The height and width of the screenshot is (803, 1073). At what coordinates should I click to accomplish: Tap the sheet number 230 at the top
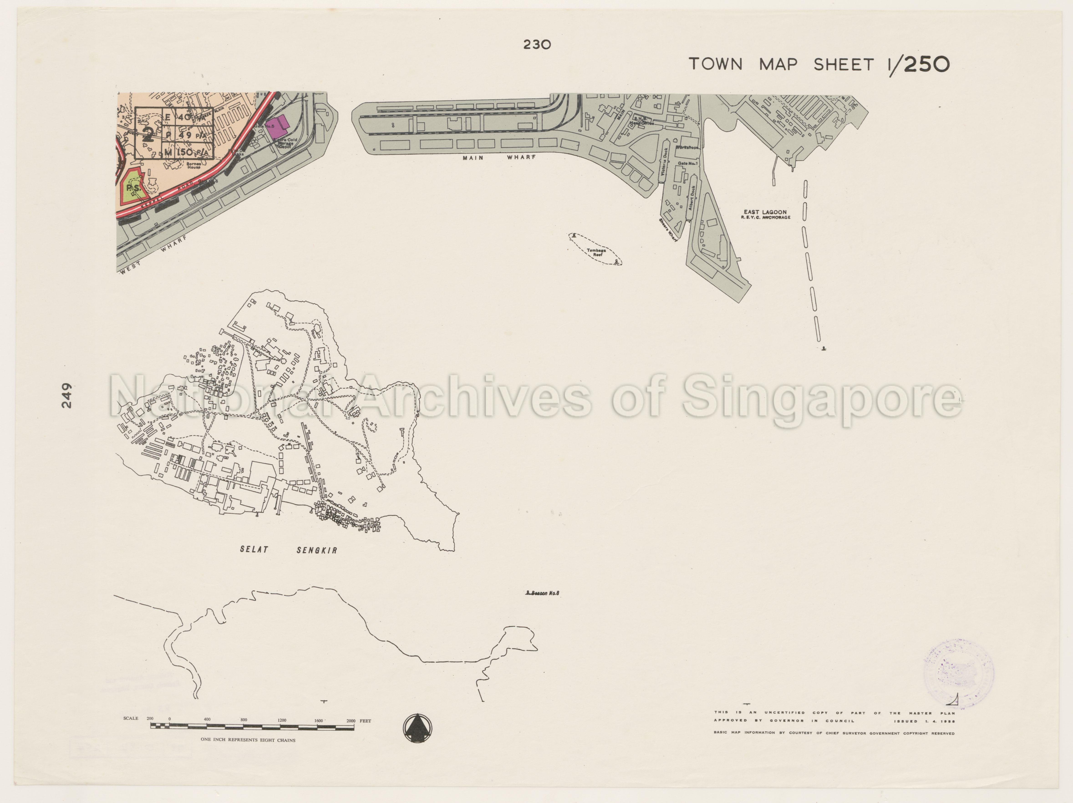pos(537,45)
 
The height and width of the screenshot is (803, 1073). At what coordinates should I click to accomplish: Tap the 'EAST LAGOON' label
pos(765,212)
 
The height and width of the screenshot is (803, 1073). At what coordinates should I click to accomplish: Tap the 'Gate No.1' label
pos(688,163)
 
